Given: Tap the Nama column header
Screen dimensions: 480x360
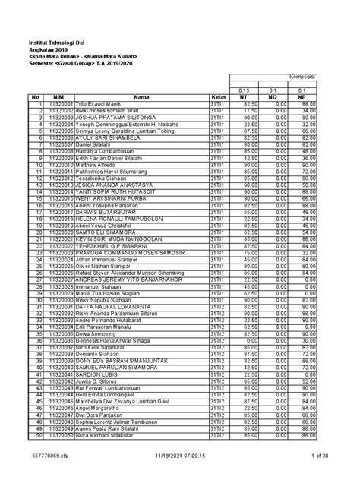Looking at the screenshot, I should point(142,97).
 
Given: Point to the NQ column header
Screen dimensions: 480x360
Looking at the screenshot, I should point(282,97).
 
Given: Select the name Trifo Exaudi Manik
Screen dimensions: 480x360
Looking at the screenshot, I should point(99,104).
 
